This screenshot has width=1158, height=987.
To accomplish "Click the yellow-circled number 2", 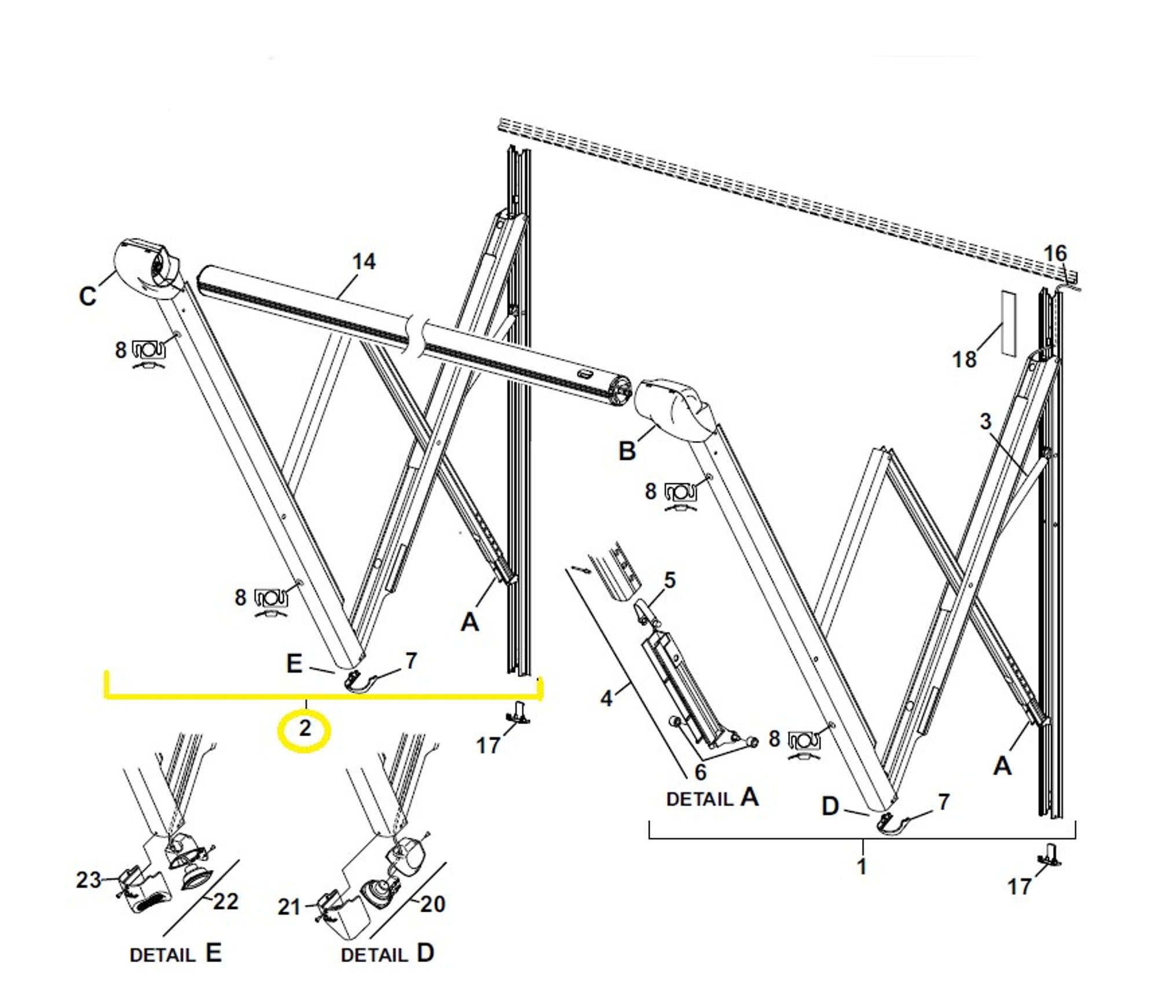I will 305,728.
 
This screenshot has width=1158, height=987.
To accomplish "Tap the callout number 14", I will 364,262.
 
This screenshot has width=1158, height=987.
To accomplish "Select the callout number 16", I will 1054,253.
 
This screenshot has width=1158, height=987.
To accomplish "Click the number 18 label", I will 964,359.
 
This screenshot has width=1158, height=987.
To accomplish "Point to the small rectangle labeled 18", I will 1008,322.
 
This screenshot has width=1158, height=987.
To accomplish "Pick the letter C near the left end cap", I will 87,296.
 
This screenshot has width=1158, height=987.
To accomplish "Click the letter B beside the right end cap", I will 627,451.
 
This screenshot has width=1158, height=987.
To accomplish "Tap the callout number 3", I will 985,421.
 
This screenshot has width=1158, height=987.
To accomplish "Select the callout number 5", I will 669,580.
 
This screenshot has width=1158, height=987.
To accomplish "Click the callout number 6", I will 701,772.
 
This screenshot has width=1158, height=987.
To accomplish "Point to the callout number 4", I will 606,698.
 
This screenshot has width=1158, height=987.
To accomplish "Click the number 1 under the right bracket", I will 862,867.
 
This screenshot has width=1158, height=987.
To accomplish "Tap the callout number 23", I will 89,880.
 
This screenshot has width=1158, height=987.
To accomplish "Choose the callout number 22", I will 226,901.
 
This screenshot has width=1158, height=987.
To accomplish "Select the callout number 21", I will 289,907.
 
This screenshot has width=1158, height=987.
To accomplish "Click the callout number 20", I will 433,904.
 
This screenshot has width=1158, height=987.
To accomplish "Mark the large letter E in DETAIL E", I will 213,953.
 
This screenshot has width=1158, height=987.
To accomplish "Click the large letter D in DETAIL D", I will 426,953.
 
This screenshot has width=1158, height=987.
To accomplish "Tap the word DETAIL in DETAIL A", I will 699,799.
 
